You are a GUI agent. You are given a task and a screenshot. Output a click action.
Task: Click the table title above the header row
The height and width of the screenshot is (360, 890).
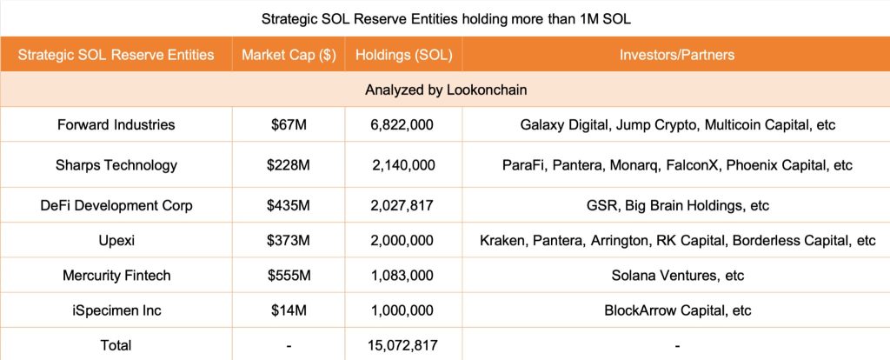point(444,17)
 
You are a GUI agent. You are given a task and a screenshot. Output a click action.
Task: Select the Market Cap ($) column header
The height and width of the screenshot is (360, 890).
point(289,55)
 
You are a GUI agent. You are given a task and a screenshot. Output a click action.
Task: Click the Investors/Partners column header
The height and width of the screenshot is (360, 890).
point(676,55)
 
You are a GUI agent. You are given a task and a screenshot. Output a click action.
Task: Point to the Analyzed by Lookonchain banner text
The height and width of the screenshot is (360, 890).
point(445,90)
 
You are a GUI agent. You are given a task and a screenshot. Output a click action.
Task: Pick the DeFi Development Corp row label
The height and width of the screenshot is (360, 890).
point(116,206)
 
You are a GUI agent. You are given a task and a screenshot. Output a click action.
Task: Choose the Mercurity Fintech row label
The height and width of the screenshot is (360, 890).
point(116,276)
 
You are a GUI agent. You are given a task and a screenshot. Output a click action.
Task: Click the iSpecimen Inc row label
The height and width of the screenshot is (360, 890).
point(116,310)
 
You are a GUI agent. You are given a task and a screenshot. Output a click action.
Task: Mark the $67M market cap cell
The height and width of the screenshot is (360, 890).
point(289,124)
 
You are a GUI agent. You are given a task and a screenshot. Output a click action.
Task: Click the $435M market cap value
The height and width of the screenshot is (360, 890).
point(289,206)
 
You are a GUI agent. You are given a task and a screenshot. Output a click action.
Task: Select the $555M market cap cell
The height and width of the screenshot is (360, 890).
point(289,276)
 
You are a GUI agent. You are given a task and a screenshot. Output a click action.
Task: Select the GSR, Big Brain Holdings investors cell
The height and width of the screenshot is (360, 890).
point(677,206)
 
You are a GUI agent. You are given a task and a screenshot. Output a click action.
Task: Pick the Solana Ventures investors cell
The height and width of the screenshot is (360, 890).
point(677,276)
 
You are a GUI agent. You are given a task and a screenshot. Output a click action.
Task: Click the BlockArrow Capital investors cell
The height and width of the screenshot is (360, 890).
point(677,310)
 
